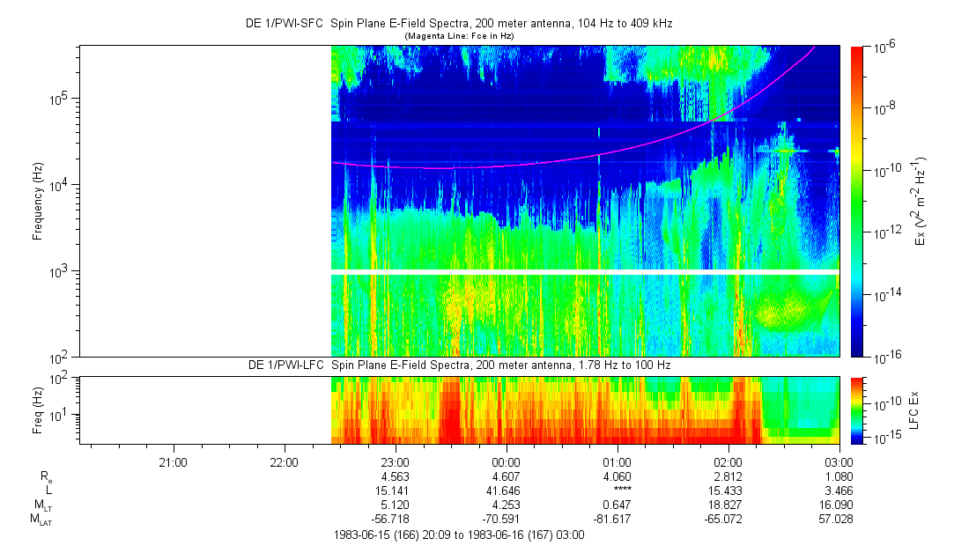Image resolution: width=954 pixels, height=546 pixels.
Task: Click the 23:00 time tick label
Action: click(395, 461)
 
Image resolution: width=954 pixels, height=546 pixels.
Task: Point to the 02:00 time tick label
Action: click(728, 461)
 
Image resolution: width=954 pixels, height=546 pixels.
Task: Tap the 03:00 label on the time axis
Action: click(839, 461)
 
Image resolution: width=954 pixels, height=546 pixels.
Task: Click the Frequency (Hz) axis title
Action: click(38, 201)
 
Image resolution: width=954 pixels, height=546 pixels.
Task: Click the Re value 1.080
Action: click(839, 476)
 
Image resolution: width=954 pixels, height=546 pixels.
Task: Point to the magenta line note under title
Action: click(458, 35)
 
